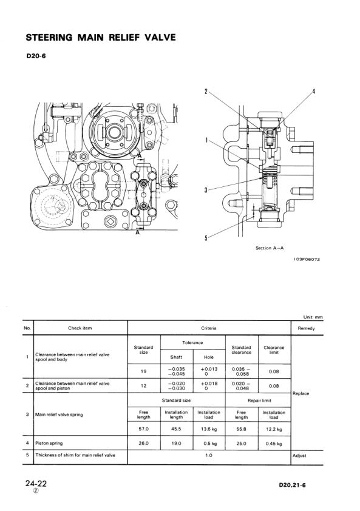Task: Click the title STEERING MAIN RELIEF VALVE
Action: click(x=101, y=38)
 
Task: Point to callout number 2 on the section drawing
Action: click(x=206, y=92)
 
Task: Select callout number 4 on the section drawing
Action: click(x=313, y=92)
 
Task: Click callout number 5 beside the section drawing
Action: click(x=206, y=237)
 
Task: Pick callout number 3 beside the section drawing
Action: click(x=206, y=190)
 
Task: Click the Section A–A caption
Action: click(x=271, y=248)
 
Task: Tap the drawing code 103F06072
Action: click(x=307, y=260)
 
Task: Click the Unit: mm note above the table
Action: click(x=313, y=316)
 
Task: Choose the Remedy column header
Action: click(x=307, y=328)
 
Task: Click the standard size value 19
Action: click(x=143, y=371)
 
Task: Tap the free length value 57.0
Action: click(x=143, y=429)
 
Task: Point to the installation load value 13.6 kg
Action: click(x=209, y=429)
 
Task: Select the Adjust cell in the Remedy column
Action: click(x=300, y=455)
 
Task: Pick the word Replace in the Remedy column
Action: click(x=301, y=393)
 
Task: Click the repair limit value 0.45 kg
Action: click(x=274, y=443)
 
